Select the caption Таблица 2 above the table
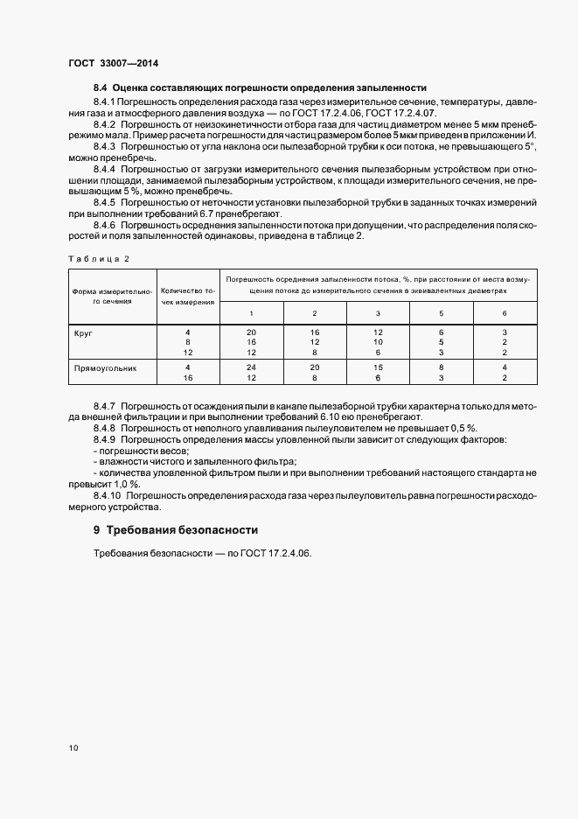[98, 259]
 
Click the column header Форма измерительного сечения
[111, 296]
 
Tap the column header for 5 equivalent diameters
[442, 313]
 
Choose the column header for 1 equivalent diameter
[252, 313]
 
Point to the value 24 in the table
[252, 367]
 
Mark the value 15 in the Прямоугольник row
[379, 367]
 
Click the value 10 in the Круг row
[379, 342]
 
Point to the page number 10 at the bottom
[73, 748]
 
